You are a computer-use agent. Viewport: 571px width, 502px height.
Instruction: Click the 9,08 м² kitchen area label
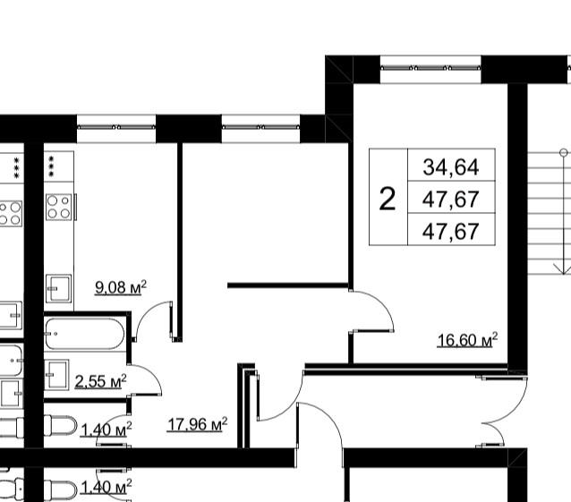[x=121, y=287]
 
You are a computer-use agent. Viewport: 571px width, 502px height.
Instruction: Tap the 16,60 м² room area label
[x=467, y=340]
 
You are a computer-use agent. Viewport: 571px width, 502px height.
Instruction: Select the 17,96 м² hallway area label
[x=198, y=424]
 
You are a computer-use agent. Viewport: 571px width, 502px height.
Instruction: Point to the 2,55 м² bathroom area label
[x=100, y=381]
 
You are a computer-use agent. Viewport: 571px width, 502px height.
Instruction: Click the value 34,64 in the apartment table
[x=451, y=167]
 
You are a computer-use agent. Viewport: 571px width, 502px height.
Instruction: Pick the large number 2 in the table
[x=388, y=199]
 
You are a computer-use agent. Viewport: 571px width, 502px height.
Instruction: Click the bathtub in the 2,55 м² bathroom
[x=84, y=334]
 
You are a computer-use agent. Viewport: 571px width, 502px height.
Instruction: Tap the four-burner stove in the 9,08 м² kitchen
[x=59, y=207]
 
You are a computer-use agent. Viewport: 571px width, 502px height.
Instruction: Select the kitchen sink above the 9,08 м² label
[x=58, y=288]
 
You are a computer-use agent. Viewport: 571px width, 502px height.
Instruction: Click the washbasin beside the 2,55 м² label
[x=56, y=374]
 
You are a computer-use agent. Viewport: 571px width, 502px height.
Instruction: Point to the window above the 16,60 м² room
[x=430, y=68]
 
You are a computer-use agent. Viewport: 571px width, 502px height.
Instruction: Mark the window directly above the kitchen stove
[x=116, y=127]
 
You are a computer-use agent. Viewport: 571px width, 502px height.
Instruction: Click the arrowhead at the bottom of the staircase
[x=563, y=269]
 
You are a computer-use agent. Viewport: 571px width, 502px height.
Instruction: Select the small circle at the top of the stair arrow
[x=563, y=152]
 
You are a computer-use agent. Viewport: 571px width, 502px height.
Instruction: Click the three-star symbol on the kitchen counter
[x=51, y=166]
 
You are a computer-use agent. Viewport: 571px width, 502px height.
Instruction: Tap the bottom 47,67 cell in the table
[x=451, y=231]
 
